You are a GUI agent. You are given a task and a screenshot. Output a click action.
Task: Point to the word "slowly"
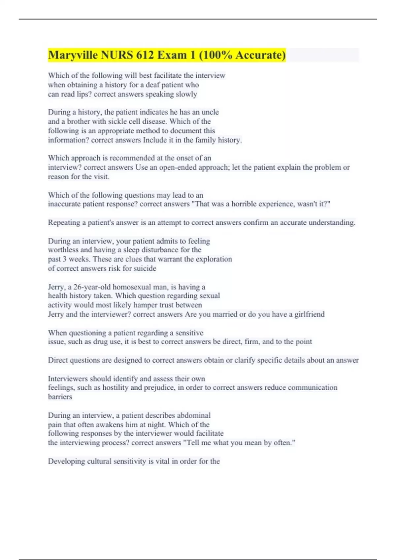(186, 94)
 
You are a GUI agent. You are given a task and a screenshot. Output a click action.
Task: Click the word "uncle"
(210, 112)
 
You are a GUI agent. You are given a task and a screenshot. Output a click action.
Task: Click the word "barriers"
(60, 397)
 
